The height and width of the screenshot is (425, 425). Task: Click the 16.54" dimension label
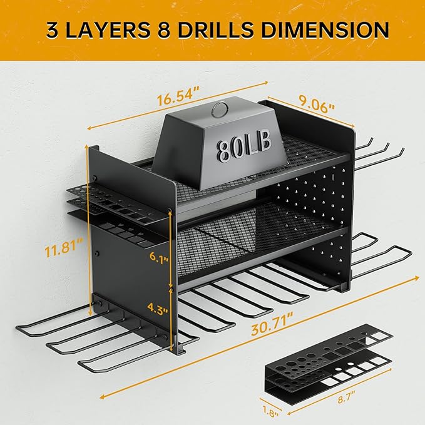(178, 96)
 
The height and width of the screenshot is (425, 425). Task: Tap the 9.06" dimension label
(316, 105)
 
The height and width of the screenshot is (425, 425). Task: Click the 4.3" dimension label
(158, 308)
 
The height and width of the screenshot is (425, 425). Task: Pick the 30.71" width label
(272, 324)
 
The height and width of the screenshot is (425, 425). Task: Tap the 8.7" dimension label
(346, 397)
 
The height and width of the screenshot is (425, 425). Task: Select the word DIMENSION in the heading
(325, 29)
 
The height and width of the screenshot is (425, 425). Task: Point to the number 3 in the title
(53, 30)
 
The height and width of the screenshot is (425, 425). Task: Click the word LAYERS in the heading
(108, 30)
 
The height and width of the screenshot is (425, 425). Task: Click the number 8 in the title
(164, 30)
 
